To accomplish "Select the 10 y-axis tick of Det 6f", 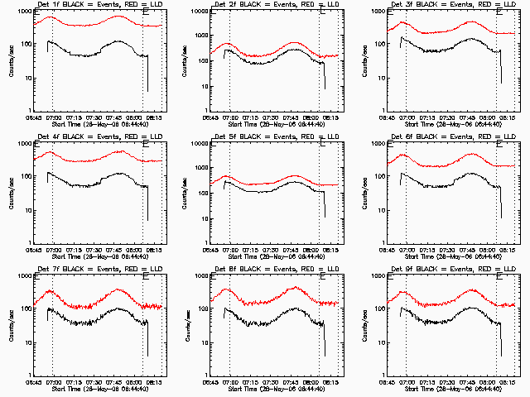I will click(383, 211).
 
